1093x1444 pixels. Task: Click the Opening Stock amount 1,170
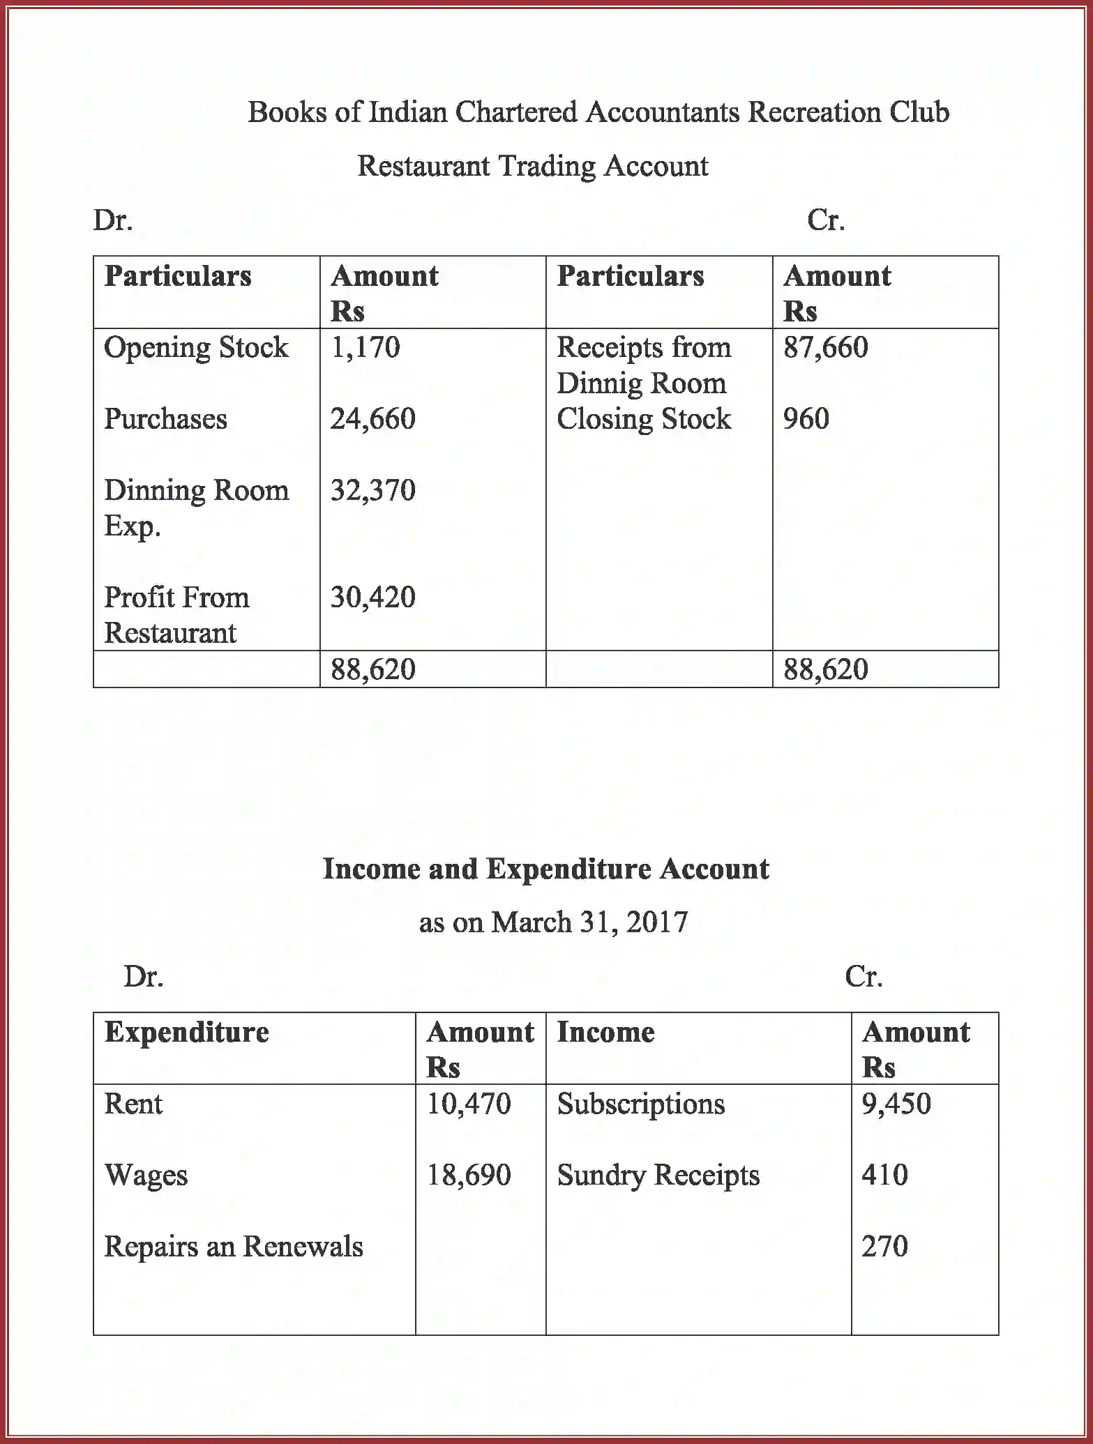[365, 347]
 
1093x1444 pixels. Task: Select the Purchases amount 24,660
[372, 419]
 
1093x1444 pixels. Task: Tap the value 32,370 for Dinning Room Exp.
[372, 490]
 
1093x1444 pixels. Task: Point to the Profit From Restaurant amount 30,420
[372, 598]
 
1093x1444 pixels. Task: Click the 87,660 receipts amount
[825, 347]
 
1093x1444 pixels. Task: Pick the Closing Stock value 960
[806, 419]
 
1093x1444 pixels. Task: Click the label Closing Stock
[643, 419]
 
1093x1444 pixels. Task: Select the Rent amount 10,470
[468, 1104]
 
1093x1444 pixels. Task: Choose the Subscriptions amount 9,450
[896, 1104]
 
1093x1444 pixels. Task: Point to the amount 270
[884, 1247]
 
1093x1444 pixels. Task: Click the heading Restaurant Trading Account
[532, 166]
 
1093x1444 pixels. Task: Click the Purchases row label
[165, 419]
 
